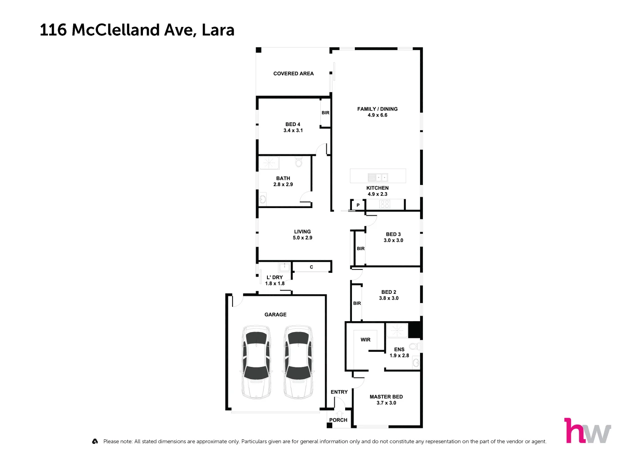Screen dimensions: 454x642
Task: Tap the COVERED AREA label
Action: (293, 74)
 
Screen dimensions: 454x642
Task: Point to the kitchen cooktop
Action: (385, 204)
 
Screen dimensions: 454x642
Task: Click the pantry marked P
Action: (358, 205)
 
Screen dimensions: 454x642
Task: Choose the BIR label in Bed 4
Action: (325, 113)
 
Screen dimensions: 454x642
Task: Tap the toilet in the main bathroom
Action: (299, 162)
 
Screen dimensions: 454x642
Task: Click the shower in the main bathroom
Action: (268, 163)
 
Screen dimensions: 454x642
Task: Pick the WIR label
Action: (365, 340)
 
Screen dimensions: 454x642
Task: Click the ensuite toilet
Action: (415, 346)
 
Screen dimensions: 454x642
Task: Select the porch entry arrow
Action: (339, 414)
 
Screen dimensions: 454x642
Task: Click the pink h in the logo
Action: (574, 430)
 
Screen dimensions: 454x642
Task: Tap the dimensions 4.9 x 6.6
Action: (377, 115)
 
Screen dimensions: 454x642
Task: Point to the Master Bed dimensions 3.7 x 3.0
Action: (386, 403)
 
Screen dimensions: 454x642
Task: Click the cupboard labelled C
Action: (311, 267)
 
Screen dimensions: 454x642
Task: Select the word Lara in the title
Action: (218, 30)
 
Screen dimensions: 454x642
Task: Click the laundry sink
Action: (285, 267)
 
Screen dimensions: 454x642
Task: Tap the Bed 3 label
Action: (393, 234)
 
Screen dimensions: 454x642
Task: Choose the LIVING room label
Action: (302, 232)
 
